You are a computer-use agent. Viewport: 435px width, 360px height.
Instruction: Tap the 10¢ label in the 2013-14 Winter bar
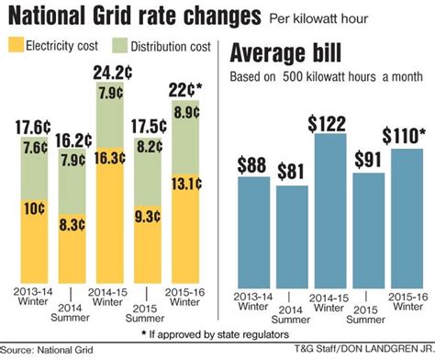tap(33, 209)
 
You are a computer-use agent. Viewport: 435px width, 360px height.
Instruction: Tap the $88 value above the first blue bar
tap(252, 163)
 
